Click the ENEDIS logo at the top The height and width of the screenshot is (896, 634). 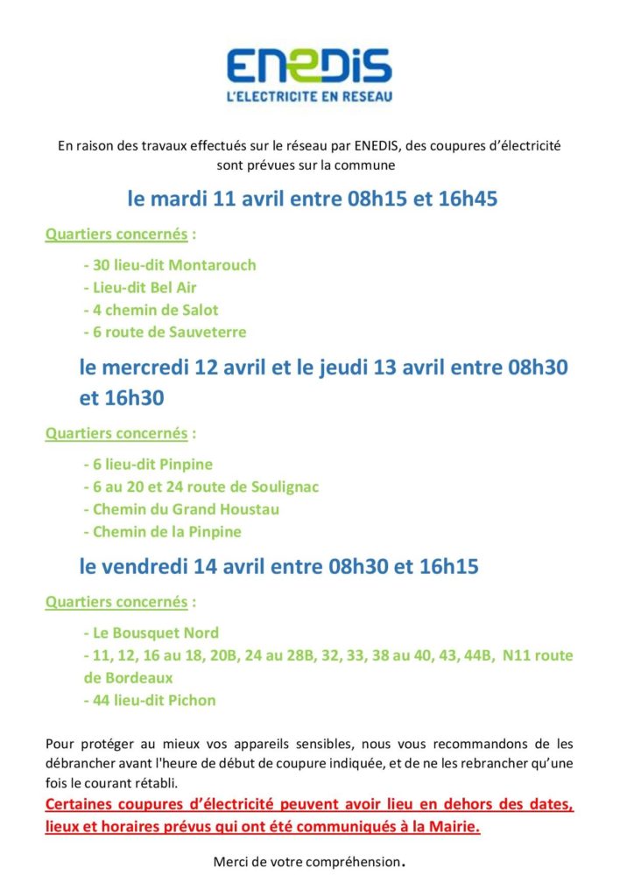pyautogui.click(x=309, y=66)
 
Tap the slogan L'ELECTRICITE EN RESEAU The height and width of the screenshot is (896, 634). pyautogui.click(x=309, y=94)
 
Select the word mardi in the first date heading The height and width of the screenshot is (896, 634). pyautogui.click(x=180, y=199)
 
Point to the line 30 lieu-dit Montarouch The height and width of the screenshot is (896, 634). pyautogui.click(x=170, y=264)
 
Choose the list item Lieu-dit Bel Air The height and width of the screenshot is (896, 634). pyautogui.click(x=140, y=287)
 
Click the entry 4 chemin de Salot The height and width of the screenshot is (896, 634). pyautogui.click(x=151, y=310)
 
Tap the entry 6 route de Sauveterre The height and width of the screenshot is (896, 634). pyautogui.click(x=165, y=332)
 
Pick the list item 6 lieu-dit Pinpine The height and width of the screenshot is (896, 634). pyautogui.click(x=148, y=464)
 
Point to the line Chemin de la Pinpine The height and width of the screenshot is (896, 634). pyautogui.click(x=162, y=532)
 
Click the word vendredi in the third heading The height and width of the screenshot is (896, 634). pyautogui.click(x=162, y=567)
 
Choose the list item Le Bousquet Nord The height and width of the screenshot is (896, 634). pyautogui.click(x=151, y=633)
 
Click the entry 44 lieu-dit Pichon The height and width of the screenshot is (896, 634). pyautogui.click(x=150, y=700)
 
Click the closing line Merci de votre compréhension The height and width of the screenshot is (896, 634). pyautogui.click(x=309, y=863)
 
